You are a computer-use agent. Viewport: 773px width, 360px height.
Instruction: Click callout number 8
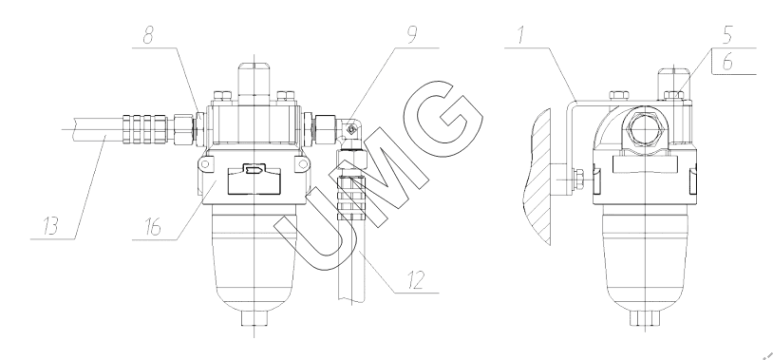(148, 35)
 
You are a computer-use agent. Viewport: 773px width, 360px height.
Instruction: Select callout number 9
(412, 35)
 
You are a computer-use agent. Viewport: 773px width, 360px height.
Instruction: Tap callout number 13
(50, 226)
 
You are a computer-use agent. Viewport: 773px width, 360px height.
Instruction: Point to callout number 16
(153, 227)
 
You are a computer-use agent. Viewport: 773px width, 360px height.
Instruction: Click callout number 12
(415, 280)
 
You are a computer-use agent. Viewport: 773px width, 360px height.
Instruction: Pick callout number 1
(521, 35)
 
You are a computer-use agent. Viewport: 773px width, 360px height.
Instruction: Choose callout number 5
(727, 35)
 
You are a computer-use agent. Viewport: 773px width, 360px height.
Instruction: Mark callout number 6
(727, 63)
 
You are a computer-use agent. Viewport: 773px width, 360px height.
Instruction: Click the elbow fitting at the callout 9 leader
(350, 131)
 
